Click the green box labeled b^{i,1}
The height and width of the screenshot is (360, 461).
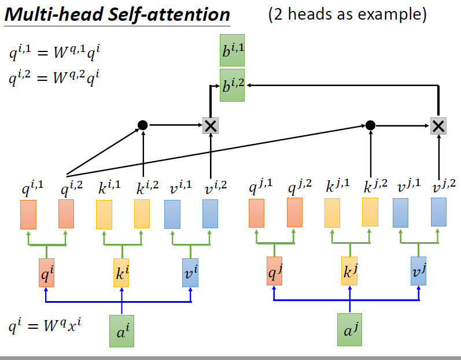pyautogui.click(x=233, y=53)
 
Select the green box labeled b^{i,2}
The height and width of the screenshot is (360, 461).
pyautogui.click(x=233, y=86)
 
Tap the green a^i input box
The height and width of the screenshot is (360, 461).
pyautogui.click(x=121, y=331)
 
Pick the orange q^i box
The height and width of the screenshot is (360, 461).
pyautogui.click(x=46, y=273)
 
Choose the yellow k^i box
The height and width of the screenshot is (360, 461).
pyautogui.click(x=121, y=273)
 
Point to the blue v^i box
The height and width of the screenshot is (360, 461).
pyautogui.click(x=191, y=273)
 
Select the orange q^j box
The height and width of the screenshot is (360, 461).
pyautogui.click(x=274, y=270)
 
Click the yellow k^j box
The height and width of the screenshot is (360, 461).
pyautogui.click(x=349, y=270)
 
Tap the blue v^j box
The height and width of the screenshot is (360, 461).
pyautogui.click(x=418, y=270)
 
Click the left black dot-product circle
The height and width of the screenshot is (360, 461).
pyautogui.click(x=142, y=125)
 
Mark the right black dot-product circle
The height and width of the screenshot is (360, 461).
pyautogui.click(x=371, y=125)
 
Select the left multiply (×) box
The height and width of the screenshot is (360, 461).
pyautogui.click(x=211, y=125)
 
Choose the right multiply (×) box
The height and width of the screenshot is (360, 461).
pyautogui.click(x=438, y=125)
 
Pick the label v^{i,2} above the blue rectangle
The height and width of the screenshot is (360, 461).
pyautogui.click(x=214, y=187)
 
